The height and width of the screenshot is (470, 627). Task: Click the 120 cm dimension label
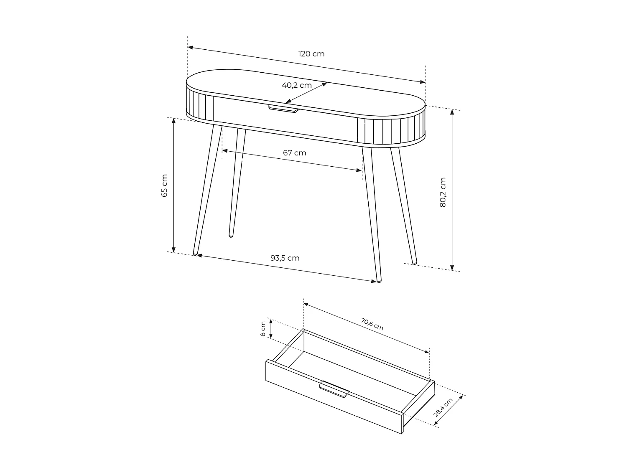point(311,54)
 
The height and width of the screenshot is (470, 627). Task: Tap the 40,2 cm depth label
point(296,85)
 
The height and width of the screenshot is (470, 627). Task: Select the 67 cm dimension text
point(294,153)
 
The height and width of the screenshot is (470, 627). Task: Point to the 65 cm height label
point(164,185)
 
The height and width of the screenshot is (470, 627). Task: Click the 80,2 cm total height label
point(443,192)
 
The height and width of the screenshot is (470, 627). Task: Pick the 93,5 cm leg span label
point(285,258)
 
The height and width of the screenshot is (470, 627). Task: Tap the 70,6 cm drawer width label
point(372,324)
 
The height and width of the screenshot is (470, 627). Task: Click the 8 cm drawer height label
point(263,329)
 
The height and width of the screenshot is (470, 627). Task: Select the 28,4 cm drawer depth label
point(443,407)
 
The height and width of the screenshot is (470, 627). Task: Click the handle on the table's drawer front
point(284,109)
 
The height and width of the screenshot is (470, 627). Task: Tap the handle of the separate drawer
point(334,389)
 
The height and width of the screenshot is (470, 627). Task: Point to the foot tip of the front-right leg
point(379,281)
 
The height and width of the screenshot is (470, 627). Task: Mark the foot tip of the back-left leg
point(230,236)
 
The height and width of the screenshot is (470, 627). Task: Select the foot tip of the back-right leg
point(414,262)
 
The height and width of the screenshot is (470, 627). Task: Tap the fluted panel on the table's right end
point(391,131)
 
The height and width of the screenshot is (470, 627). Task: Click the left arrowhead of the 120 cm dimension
point(189,47)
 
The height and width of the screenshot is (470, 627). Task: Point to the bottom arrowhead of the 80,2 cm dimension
point(452,269)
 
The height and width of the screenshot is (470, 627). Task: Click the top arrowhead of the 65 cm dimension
point(173,119)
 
